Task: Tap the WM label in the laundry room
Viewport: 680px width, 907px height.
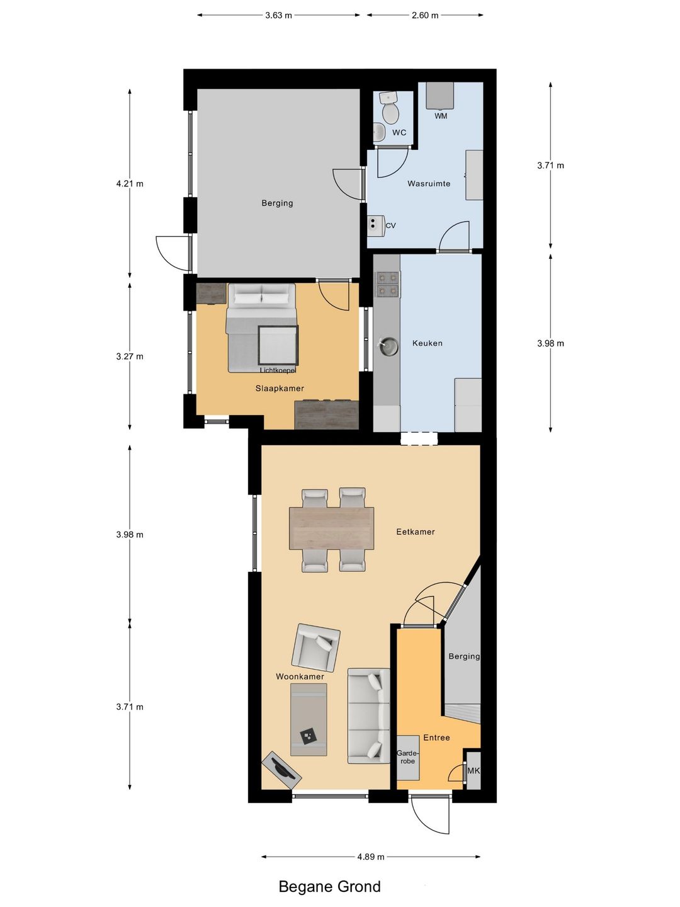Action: click(441, 116)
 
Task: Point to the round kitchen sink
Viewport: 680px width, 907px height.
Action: click(388, 346)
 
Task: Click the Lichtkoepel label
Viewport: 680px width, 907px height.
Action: click(278, 370)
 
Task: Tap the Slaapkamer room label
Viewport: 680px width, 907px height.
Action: click(280, 389)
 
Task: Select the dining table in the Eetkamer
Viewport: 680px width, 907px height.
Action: click(332, 528)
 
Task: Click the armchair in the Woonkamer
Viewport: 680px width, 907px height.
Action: click(316, 648)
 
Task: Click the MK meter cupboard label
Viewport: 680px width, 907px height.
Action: click(473, 770)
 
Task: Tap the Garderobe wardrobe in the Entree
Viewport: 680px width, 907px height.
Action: click(408, 758)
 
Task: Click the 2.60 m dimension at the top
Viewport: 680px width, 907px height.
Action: click(425, 15)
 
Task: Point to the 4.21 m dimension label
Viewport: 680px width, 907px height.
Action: click(130, 183)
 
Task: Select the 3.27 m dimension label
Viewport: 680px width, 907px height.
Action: click(130, 357)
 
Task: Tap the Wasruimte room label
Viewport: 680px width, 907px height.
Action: click(429, 183)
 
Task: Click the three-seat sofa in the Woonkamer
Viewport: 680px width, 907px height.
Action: click(369, 716)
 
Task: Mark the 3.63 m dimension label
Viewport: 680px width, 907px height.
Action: click(278, 15)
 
